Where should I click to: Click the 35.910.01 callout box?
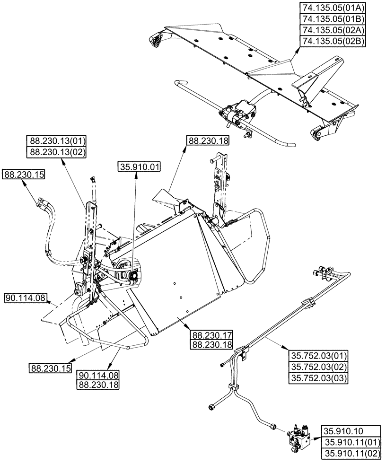click(140, 167)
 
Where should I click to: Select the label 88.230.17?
click(211, 334)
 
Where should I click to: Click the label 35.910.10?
click(342, 431)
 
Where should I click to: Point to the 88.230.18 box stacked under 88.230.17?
click(211, 345)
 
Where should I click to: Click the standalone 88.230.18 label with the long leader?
click(208, 140)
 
